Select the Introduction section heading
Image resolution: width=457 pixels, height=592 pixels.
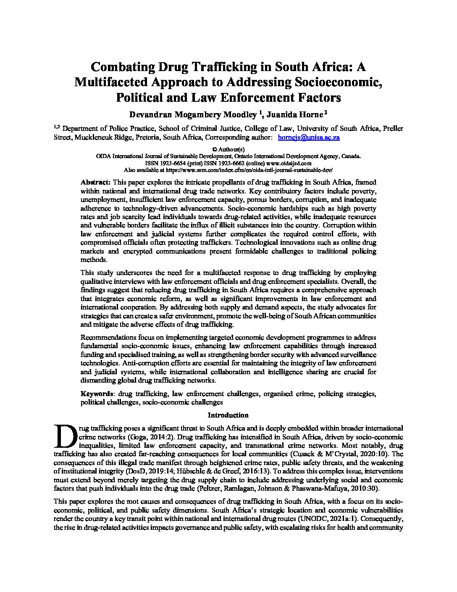pyautogui.click(x=228, y=415)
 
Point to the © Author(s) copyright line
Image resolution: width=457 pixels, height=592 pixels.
pyautogui.click(x=228, y=149)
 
